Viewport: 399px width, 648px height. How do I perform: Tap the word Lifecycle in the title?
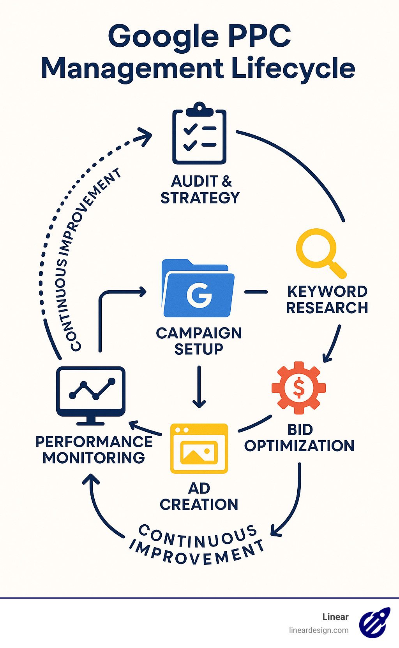293,68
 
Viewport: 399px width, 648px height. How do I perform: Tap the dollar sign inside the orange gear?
299,388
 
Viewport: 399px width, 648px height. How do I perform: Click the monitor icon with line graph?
91,394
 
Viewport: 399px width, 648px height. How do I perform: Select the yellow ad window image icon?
199,448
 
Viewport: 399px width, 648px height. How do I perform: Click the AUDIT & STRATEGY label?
200,189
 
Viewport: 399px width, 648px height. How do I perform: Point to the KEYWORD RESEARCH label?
327,299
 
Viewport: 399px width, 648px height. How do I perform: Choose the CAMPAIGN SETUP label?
199,341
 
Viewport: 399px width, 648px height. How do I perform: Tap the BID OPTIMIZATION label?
300,438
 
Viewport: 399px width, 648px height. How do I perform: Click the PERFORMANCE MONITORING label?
94,450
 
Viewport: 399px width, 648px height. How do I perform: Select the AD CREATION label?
199,496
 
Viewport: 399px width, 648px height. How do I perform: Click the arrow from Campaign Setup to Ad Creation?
199,387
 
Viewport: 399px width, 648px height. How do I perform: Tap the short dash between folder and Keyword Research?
256,292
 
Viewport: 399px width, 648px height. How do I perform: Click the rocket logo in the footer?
374,622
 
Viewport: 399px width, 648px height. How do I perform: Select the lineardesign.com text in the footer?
319,630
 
